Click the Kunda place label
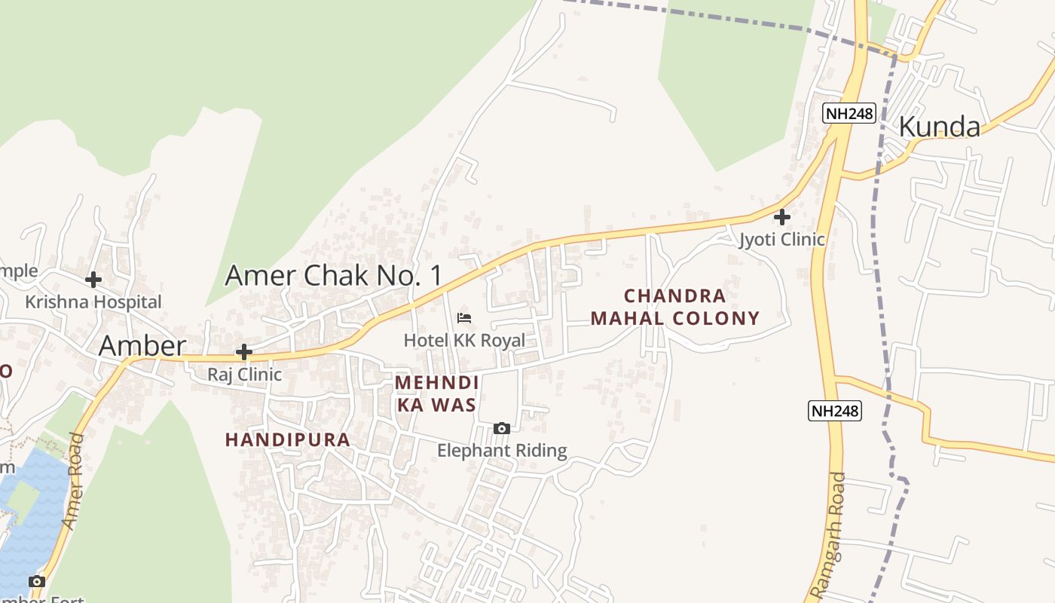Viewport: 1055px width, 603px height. click(x=939, y=127)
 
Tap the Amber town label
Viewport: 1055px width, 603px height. click(x=142, y=346)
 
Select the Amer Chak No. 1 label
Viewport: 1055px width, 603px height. click(x=335, y=275)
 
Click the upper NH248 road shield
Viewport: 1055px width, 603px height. click(x=849, y=113)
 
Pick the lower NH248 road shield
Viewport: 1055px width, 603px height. click(x=835, y=411)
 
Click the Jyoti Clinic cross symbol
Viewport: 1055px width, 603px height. click(x=782, y=217)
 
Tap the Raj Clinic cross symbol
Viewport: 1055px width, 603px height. click(x=243, y=352)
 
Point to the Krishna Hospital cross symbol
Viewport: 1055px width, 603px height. click(x=93, y=280)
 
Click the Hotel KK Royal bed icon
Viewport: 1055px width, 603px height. click(x=464, y=318)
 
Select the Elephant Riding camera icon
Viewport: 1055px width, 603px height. click(x=501, y=429)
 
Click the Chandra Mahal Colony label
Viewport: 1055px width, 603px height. click(x=675, y=307)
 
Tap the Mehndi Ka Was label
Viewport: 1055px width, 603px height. click(x=436, y=393)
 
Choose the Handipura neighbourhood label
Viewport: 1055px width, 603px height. click(x=288, y=439)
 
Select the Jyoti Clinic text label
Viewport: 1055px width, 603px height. click(x=782, y=240)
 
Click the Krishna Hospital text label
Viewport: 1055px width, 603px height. click(x=93, y=301)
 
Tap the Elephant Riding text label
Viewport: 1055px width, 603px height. click(x=502, y=451)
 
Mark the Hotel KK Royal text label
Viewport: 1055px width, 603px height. click(x=464, y=340)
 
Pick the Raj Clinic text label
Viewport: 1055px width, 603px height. click(x=245, y=374)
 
